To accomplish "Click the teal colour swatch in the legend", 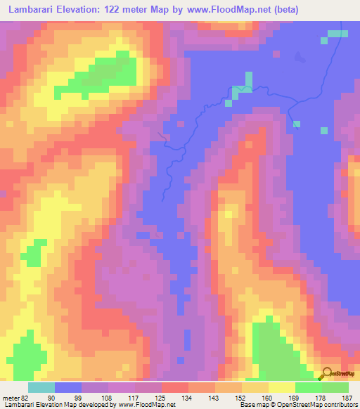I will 41,387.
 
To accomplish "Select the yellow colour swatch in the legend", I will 281,387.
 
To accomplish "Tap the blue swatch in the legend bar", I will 68,387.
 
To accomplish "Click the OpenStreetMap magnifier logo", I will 326,373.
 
